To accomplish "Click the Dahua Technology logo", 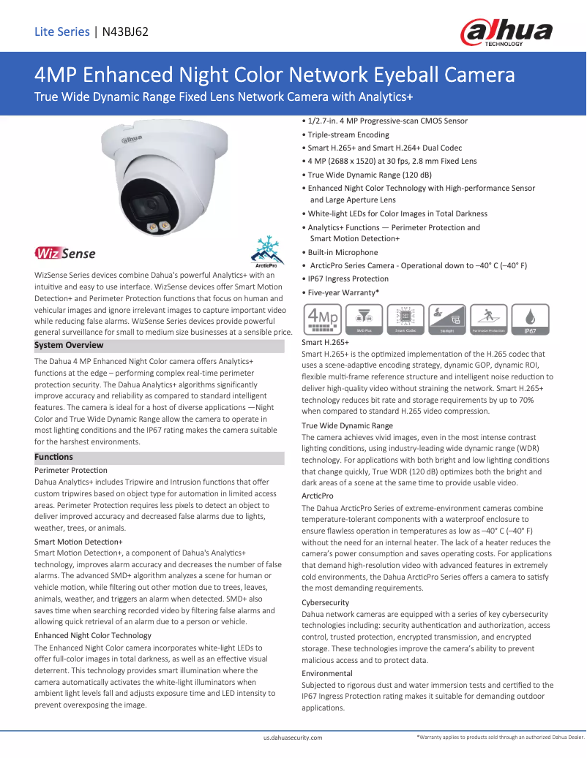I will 506,32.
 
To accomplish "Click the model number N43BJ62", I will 125,31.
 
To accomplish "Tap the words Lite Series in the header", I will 62,31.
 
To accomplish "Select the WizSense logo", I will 65,254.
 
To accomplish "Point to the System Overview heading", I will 69,345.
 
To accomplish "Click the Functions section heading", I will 53,457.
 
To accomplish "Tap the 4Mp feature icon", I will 322,319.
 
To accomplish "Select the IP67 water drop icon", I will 531,319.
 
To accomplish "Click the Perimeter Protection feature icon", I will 490,319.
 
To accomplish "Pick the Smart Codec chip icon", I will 405,319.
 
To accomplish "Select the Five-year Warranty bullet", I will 343,292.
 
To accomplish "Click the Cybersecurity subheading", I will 325,602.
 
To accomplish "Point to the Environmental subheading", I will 327,672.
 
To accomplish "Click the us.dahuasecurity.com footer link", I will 293,738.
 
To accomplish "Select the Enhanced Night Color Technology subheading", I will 93,635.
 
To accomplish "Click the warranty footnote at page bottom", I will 501,738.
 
